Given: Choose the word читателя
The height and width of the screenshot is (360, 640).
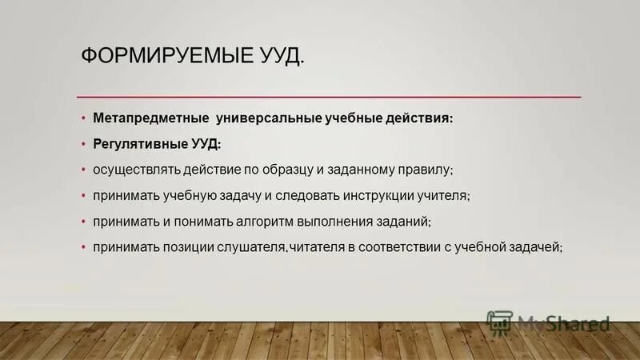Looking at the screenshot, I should (x=317, y=248).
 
